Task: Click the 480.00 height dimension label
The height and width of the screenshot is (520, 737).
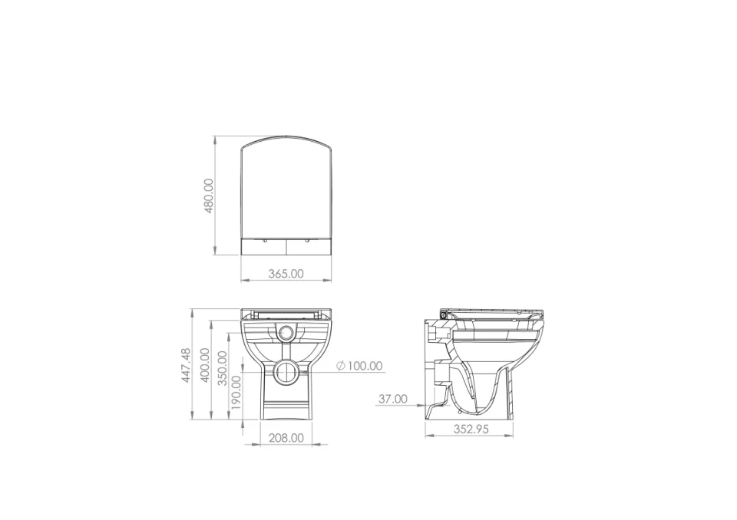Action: tap(209, 196)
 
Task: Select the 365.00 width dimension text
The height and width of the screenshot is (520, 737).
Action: tap(286, 273)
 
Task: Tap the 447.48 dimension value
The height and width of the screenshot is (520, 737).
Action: tap(186, 366)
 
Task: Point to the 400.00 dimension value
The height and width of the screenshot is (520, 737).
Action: tap(205, 366)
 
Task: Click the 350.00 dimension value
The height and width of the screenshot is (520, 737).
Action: tap(223, 368)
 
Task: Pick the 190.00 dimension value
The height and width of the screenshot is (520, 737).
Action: tap(236, 391)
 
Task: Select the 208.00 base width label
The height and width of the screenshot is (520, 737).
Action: tap(286, 438)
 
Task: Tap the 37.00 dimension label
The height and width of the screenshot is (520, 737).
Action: tap(392, 399)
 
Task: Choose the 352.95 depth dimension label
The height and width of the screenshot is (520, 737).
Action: tap(471, 429)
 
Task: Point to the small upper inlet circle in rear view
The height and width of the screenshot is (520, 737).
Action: tap(286, 333)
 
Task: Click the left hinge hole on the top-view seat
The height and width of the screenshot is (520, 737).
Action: tap(264, 240)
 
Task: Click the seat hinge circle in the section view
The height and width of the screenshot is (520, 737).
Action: tap(444, 314)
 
